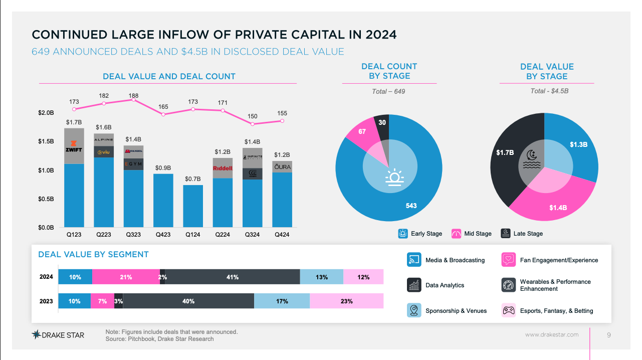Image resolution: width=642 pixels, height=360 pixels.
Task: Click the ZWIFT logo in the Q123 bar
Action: coord(74,146)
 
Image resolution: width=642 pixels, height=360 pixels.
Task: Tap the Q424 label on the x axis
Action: coord(282,234)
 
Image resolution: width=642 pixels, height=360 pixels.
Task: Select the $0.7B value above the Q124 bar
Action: coord(192,179)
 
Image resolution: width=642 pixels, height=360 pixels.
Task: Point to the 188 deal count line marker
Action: coord(133,100)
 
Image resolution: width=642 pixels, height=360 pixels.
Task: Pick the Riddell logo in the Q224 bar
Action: coord(223,168)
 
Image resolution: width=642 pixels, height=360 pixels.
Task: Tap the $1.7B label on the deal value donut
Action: coord(505,152)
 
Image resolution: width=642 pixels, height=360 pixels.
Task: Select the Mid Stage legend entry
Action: coord(472,234)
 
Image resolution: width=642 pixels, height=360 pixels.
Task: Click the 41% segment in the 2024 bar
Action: coord(232,277)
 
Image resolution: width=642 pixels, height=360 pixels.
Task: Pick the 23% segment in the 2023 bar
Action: coord(346,301)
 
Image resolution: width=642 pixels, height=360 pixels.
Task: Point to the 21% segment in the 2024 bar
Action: coord(126,277)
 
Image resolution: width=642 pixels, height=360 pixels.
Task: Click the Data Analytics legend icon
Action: coord(413,285)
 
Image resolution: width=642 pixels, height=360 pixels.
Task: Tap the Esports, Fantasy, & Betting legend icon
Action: coord(509,310)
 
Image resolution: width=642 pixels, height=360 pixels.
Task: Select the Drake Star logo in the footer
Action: coord(58,335)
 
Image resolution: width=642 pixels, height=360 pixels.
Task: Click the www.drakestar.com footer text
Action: coord(551,335)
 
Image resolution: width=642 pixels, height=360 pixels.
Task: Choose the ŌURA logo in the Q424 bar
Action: coord(282,166)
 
